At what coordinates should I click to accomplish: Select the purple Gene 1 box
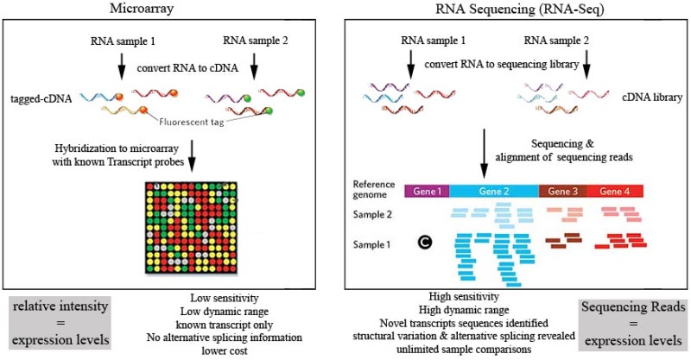pos(428,189)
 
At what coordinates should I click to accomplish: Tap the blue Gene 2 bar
pos(494,189)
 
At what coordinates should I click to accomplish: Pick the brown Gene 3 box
pos(562,189)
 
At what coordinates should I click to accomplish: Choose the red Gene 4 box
pos(614,189)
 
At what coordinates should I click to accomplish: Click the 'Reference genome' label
pos(379,190)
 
